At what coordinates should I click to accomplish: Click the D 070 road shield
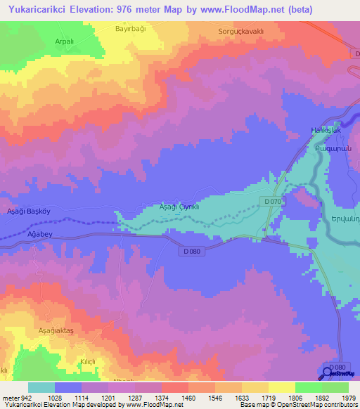(x=274, y=202)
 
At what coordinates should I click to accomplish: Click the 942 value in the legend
(x=19, y=397)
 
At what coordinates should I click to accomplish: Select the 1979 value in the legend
(x=347, y=397)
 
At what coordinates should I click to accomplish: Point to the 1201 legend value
(x=108, y=397)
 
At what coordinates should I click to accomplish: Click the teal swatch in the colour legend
(x=41, y=387)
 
